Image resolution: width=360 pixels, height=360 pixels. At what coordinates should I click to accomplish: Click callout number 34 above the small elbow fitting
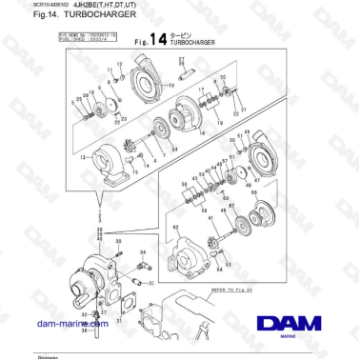click(143, 251)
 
